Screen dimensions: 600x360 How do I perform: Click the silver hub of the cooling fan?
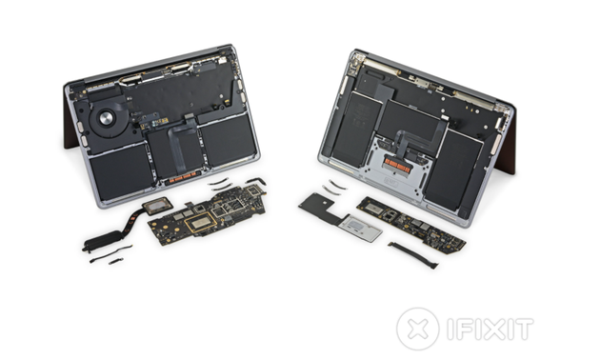106,117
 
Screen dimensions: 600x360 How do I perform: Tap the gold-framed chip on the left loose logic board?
201,223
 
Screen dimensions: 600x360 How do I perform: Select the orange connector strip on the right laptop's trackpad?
398,166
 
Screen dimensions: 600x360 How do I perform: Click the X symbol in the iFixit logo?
417,329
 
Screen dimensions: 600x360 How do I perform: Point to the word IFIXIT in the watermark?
490,329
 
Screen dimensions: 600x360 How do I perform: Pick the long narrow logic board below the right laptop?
411,226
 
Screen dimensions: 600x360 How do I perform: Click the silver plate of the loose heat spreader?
360,229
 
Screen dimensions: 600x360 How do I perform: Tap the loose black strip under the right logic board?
413,255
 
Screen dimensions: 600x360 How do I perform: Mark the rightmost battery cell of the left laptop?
229,139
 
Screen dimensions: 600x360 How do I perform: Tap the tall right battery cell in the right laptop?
452,170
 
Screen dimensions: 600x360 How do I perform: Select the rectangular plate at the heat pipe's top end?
158,206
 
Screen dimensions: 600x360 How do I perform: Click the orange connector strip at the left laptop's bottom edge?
183,177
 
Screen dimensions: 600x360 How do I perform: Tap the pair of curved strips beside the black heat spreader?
333,187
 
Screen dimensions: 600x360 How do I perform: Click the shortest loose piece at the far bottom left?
115,262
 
